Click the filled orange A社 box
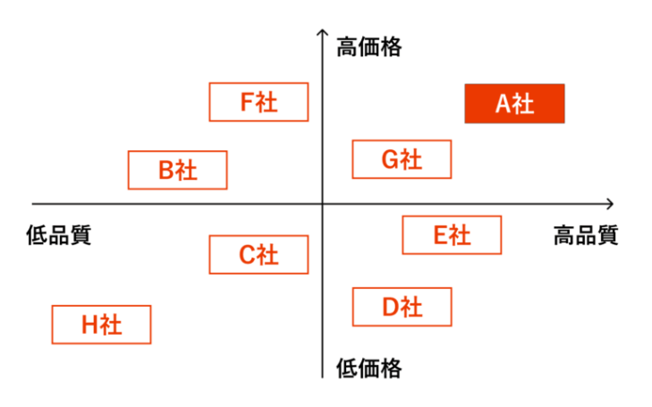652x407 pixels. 514,104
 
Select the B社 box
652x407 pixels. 178,170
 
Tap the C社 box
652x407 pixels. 258,254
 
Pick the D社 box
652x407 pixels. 402,307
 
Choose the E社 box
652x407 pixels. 452,235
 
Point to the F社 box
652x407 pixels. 258,102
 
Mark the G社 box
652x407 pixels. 402,159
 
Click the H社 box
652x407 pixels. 101,325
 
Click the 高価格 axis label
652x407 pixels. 368,47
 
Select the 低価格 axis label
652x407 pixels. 368,368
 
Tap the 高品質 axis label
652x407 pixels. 586,235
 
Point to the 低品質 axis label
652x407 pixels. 59,235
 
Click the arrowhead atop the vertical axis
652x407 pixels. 322,30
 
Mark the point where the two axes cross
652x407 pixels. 322,204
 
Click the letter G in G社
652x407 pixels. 391,159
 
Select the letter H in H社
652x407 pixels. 89,325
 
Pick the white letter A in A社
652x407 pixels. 504,104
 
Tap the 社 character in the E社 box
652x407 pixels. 461,235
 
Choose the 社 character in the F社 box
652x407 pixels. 267,102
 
